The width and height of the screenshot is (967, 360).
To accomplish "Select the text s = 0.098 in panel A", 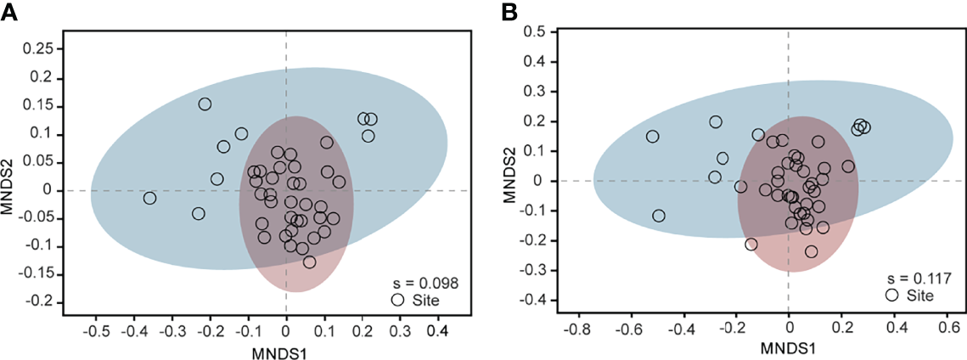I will point(424,283).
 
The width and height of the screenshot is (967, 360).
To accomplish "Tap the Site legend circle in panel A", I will point(397,300).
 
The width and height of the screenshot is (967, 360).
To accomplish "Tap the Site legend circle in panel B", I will point(892,295).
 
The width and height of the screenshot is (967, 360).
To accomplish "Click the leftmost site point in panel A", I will point(149,198).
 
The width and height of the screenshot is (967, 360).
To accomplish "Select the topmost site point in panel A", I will point(205,104).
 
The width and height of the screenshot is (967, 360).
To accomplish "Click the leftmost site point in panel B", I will point(652,137).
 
